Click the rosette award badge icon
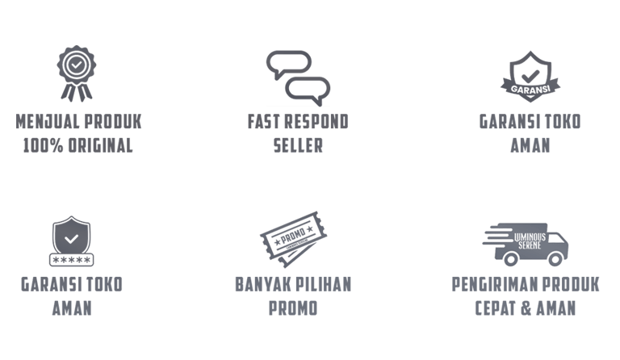coord(74,73)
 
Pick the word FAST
coord(263,123)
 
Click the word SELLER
coord(299,146)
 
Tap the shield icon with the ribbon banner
coord(530,76)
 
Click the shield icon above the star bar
coord(72,236)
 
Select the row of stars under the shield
coord(72,261)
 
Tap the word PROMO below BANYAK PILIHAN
coord(292,308)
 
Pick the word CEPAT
coord(496,308)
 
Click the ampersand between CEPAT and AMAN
coord(530,308)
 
